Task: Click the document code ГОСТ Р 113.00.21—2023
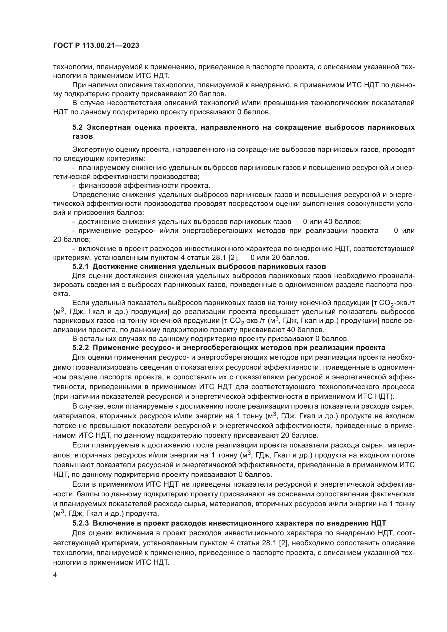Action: pos(96,45)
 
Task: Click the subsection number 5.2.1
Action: pos(81,266)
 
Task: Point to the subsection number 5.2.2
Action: pos(81,347)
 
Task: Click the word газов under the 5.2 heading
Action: pos(82,136)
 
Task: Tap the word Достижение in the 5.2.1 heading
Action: pos(114,266)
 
